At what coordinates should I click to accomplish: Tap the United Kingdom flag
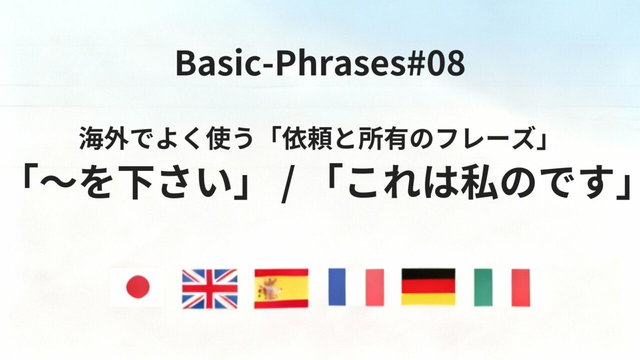tap(209, 288)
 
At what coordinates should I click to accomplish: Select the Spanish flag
tap(281, 288)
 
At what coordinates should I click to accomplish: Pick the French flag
tap(356, 287)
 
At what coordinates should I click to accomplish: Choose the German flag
tap(428, 287)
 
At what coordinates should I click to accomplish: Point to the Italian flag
tap(501, 287)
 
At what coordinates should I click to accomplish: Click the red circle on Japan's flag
tap(137, 287)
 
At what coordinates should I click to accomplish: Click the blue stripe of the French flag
tap(337, 287)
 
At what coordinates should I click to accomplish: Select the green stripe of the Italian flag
tap(483, 287)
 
